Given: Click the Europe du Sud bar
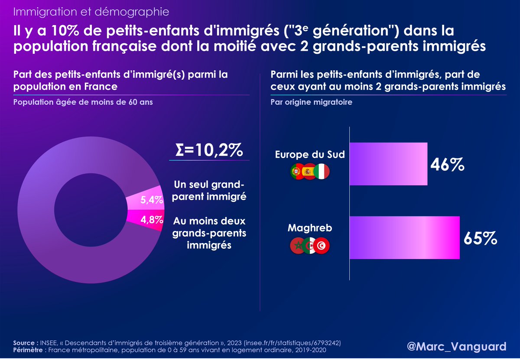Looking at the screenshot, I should pos(388,164).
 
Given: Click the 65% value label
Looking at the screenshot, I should pos(480,238).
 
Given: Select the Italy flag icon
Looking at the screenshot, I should pos(322,172).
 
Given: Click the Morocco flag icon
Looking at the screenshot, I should pos(297,246).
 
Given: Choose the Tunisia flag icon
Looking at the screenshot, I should pos(322,246).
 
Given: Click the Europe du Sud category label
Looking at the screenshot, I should pos(310,155).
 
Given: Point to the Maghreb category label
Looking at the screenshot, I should pos(310,228).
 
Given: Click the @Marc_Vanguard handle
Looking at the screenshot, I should pos(457,347).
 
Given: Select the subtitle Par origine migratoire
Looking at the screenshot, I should pos(311,103).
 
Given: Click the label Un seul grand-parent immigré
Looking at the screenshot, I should pos(209,191).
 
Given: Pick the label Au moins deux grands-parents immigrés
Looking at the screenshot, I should pos(209,233).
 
